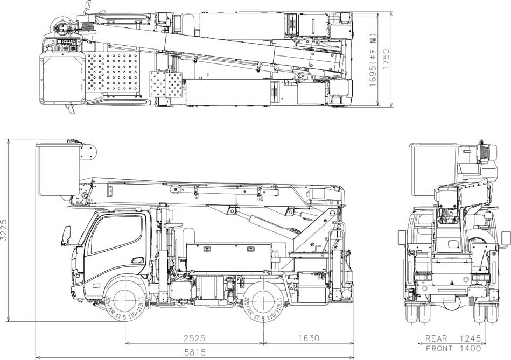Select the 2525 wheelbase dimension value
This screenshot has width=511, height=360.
[x=194, y=338]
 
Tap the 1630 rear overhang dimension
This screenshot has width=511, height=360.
[x=308, y=338]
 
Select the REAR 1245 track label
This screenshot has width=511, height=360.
[x=452, y=339]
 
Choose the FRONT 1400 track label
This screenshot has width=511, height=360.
[x=452, y=348]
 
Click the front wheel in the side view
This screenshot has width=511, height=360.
[x=125, y=302]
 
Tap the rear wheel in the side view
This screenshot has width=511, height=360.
[x=263, y=302]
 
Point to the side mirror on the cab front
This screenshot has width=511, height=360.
[x=67, y=236]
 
